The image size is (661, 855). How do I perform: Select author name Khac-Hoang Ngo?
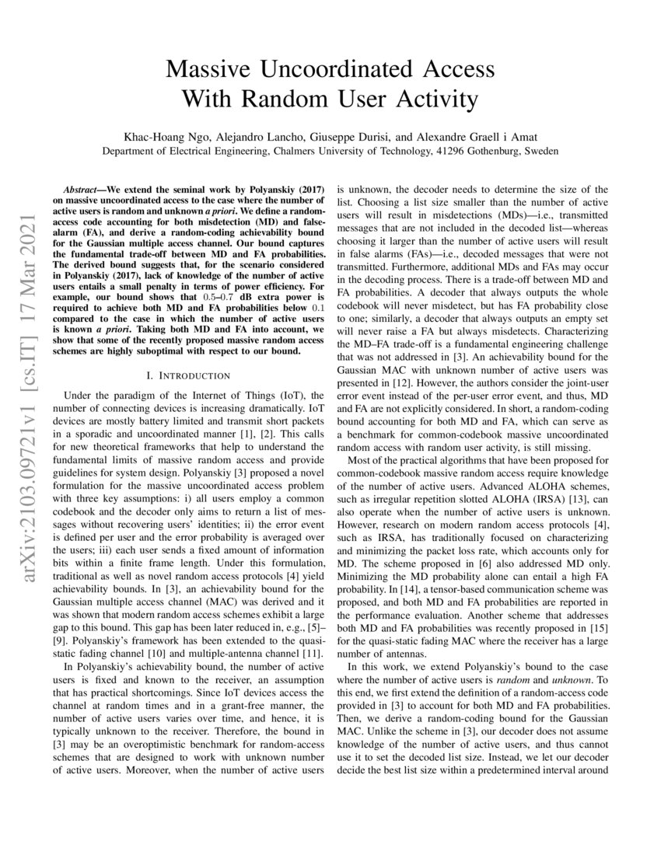pyautogui.click(x=166, y=136)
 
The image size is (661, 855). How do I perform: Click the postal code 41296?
pyautogui.click(x=437, y=151)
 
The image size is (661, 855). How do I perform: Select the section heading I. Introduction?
pyautogui.click(x=183, y=375)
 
